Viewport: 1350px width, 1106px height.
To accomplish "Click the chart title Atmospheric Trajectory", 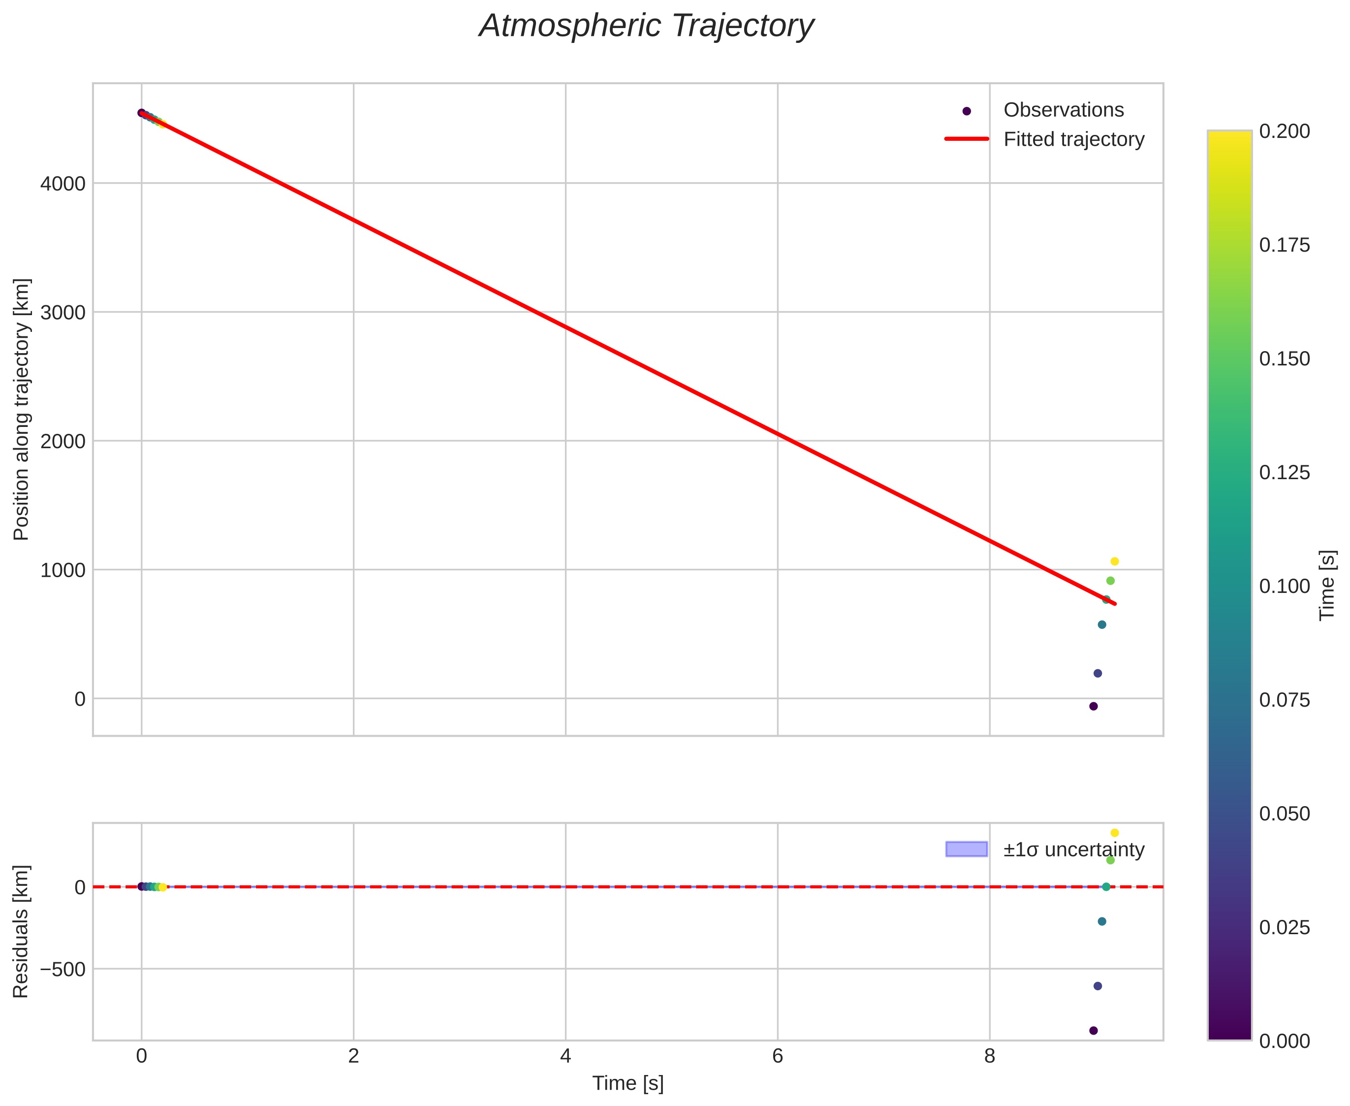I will [646, 27].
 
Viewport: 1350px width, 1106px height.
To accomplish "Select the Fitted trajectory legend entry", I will [1073, 139].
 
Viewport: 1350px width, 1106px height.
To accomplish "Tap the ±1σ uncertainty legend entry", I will [1073, 849].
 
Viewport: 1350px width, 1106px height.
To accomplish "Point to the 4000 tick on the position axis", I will [63, 184].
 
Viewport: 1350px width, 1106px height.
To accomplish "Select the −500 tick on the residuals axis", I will [63, 970].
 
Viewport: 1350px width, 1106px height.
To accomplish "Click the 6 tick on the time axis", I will [777, 1057].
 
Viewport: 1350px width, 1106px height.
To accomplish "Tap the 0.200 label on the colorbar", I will [1285, 131].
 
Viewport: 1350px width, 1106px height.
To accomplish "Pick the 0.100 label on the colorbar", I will [1285, 586].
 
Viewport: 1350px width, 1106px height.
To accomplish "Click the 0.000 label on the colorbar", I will [1285, 1041].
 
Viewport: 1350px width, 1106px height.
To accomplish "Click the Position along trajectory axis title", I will [22, 409].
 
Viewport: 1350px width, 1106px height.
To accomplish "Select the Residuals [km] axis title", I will [22, 932].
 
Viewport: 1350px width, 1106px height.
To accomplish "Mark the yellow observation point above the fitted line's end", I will [1114, 561].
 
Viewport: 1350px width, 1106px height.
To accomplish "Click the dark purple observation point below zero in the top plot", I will [1094, 706].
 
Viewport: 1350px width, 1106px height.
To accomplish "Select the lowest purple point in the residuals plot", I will [1094, 1030].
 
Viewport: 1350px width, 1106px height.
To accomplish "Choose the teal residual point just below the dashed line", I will [1101, 921].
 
